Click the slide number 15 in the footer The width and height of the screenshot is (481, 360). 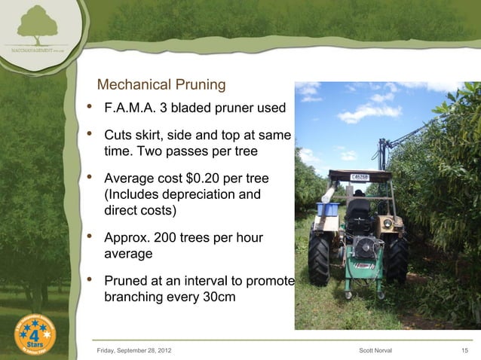pos(464,349)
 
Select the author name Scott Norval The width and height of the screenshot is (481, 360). pos(376,349)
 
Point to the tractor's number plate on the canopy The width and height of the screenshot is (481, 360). pos(360,178)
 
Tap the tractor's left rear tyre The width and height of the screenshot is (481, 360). pos(319,260)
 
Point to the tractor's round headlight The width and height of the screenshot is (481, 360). pos(388,223)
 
